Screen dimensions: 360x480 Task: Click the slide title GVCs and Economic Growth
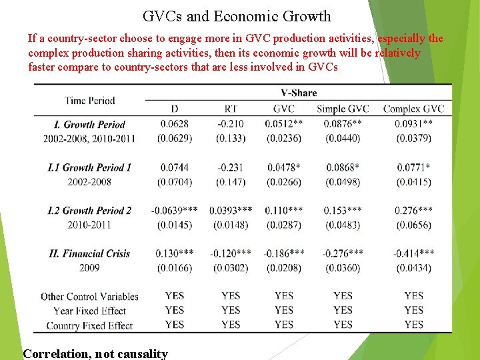pyautogui.click(x=237, y=16)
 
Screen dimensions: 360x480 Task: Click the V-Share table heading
pyautogui.click(x=299, y=93)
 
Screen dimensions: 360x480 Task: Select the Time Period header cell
pyautogui.click(x=90, y=101)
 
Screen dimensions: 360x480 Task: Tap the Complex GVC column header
pyautogui.click(x=413, y=109)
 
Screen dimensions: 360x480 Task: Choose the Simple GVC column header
pyautogui.click(x=343, y=109)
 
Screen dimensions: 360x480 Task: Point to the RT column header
pyautogui.click(x=231, y=109)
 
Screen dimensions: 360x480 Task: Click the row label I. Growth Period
pyautogui.click(x=90, y=124)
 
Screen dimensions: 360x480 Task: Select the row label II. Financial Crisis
pyautogui.click(x=90, y=253)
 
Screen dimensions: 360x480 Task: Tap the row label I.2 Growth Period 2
pyautogui.click(x=90, y=211)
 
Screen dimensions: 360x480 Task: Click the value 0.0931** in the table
pyautogui.click(x=413, y=124)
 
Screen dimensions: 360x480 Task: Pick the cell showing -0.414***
pyautogui.click(x=413, y=253)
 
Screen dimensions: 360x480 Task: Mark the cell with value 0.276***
pyautogui.click(x=413, y=211)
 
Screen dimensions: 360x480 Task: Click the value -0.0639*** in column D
pyautogui.click(x=175, y=211)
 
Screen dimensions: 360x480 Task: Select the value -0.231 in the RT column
pyautogui.click(x=231, y=168)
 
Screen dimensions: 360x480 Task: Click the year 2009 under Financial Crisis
pyautogui.click(x=89, y=268)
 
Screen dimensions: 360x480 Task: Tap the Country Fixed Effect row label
pyautogui.click(x=90, y=325)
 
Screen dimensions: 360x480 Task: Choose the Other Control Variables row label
pyautogui.click(x=90, y=297)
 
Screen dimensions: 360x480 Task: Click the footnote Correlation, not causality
pyautogui.click(x=95, y=354)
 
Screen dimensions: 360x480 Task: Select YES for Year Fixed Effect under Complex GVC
pyautogui.click(x=413, y=310)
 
